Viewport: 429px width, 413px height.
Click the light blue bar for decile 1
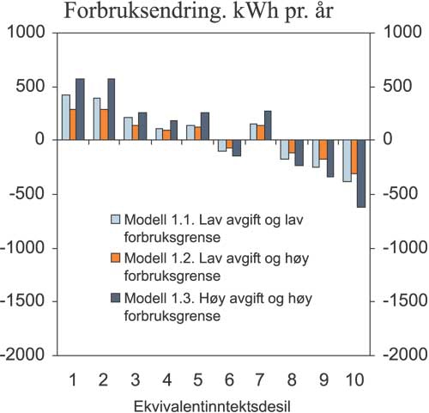(66, 117)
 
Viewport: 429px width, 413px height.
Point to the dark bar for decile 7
(268, 125)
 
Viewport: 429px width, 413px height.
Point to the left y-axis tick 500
(30, 86)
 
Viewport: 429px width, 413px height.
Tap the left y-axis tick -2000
(25, 355)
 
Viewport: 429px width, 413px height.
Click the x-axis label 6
(227, 379)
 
